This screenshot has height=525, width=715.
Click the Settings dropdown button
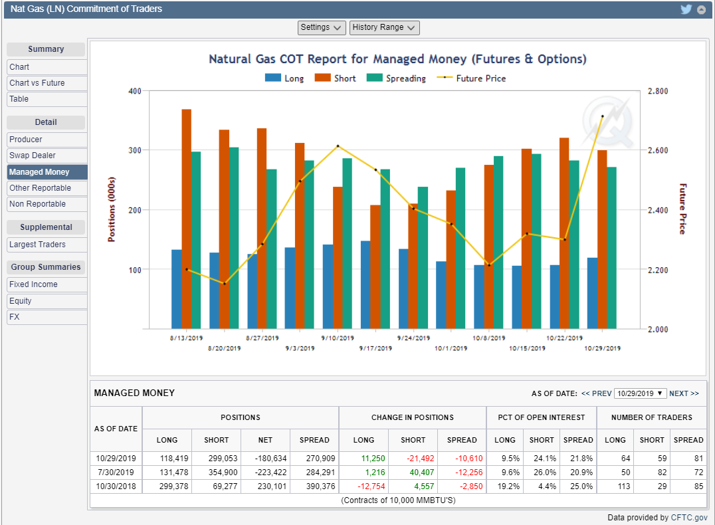click(x=322, y=27)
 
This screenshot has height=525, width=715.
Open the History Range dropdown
click(x=384, y=27)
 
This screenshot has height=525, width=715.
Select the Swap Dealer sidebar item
click(x=33, y=156)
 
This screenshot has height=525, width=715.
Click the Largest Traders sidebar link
click(x=38, y=245)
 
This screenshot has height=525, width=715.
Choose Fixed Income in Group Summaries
click(x=34, y=284)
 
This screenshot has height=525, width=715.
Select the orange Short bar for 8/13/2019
click(x=187, y=219)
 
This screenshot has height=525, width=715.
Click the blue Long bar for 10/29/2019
click(x=592, y=293)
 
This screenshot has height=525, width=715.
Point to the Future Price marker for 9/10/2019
click(x=338, y=146)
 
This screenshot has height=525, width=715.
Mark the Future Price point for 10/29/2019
click(x=602, y=117)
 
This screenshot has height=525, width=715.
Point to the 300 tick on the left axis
click(x=135, y=151)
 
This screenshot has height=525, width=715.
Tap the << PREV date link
click(x=596, y=393)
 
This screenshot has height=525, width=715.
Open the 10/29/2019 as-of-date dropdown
click(x=640, y=393)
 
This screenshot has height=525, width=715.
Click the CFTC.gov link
click(x=690, y=518)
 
